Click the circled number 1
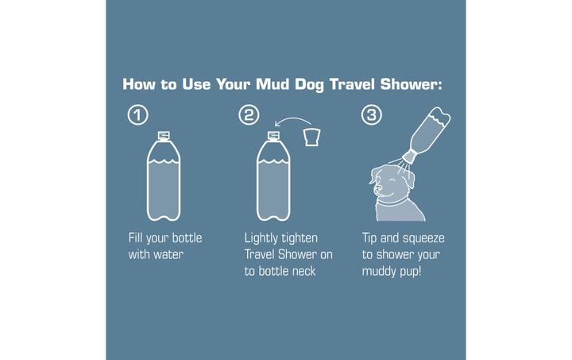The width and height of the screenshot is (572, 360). point(137,115)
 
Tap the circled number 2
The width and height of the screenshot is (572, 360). point(249,115)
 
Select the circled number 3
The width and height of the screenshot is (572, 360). point(371,115)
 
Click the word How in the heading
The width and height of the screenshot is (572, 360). point(142,83)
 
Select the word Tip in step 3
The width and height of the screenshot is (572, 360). point(372,238)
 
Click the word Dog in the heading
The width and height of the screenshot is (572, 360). point(304,83)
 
